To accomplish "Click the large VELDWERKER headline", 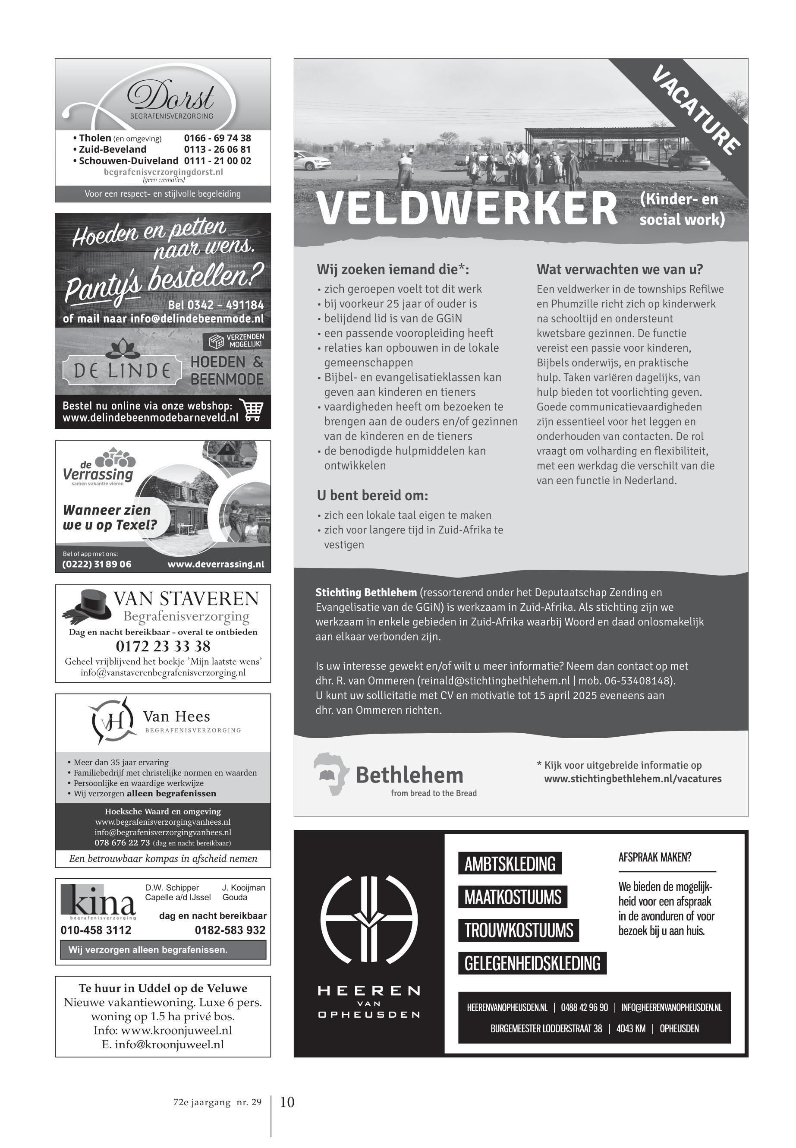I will tap(467, 208).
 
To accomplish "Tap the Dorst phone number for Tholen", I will tap(217, 138).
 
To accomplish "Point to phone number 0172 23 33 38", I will tap(163, 646).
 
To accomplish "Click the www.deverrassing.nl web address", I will tap(215, 564).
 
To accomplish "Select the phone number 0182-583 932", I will tap(230, 930).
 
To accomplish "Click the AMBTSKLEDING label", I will tap(510, 864).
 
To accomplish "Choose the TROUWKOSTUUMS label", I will tap(519, 930).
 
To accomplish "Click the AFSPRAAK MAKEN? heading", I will tap(654, 858).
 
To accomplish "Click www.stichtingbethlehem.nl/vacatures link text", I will tap(632, 779).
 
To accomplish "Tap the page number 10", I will tap(287, 1102).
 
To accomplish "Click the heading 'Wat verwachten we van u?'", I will tap(620, 269).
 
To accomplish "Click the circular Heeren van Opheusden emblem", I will tap(368, 920).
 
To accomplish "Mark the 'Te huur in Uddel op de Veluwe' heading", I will tap(163, 988).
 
